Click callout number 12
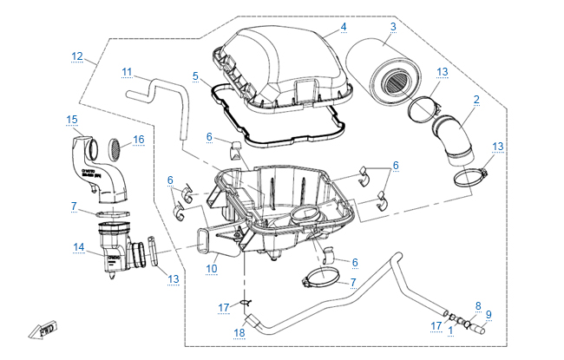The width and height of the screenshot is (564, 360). (77, 57)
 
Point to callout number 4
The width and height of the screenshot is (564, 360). (343, 27)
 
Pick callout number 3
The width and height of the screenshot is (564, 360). (392, 27)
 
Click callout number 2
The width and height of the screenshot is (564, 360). (476, 100)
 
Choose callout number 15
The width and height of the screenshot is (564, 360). (72, 118)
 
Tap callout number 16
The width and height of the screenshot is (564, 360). (138, 139)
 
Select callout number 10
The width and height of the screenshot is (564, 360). (211, 269)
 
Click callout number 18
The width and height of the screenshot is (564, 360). (239, 332)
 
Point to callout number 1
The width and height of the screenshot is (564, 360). (450, 330)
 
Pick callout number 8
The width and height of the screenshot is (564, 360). (477, 305)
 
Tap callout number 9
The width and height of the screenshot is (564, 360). (489, 314)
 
